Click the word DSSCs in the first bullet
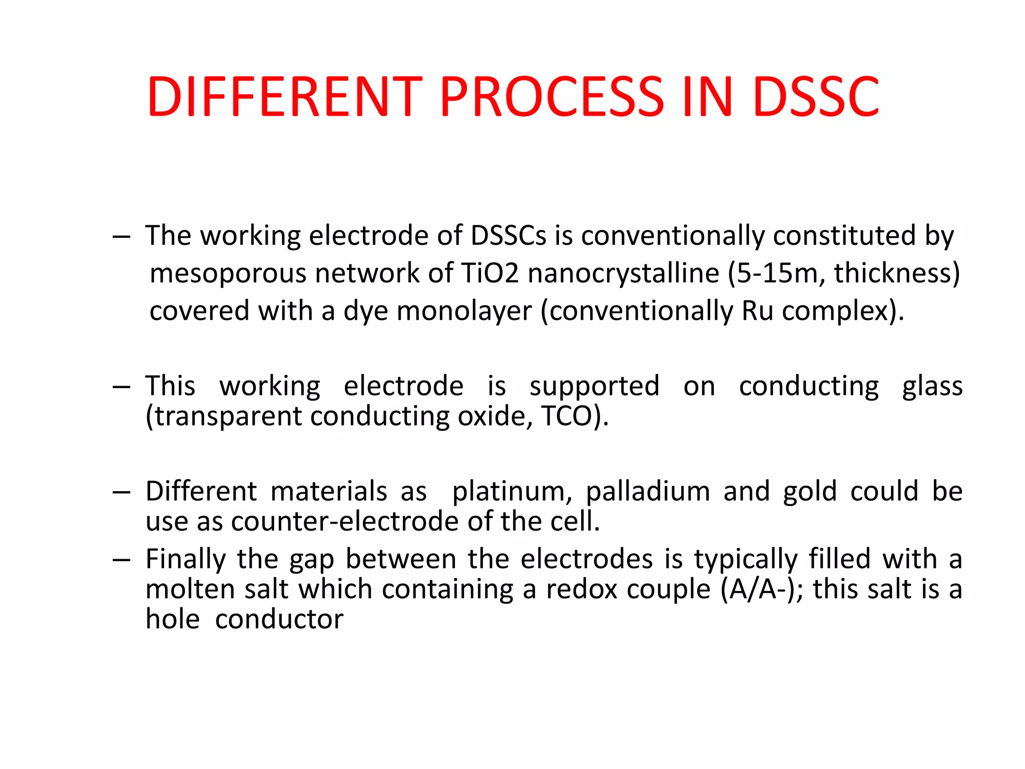click(x=508, y=236)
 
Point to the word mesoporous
click(x=228, y=274)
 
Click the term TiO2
click(x=489, y=273)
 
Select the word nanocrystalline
click(x=623, y=274)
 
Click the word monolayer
click(x=464, y=311)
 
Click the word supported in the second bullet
click(x=594, y=387)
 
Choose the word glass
click(x=932, y=387)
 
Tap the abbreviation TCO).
click(x=575, y=416)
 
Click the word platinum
click(x=512, y=492)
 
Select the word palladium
click(x=648, y=492)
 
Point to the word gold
click(x=809, y=492)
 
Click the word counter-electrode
click(x=344, y=522)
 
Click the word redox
click(x=582, y=589)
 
